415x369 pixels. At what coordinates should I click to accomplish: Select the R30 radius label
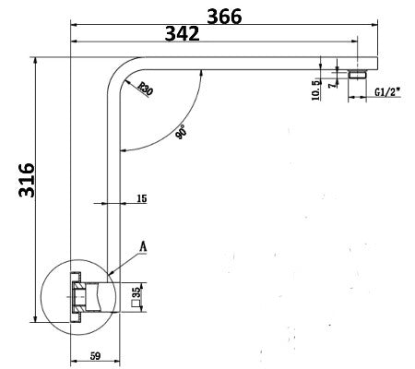tap(145, 89)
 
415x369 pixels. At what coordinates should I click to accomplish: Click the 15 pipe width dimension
tap(141, 197)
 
